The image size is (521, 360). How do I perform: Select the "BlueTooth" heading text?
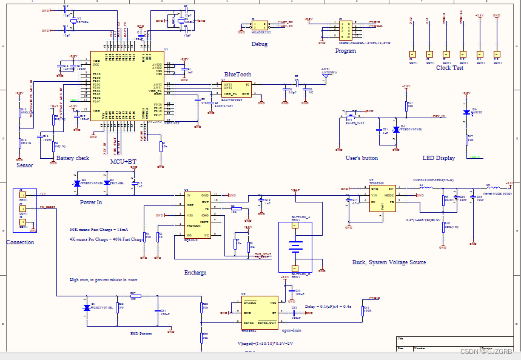[x=237, y=75]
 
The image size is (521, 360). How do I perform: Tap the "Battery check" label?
[x=73, y=158]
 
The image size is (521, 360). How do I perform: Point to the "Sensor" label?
[x=25, y=165]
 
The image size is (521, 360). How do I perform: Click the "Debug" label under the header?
[x=260, y=44]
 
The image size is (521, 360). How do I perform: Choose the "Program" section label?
[x=345, y=51]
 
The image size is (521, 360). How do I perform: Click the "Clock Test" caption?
[x=449, y=68]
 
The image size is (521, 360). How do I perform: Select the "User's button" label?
[x=361, y=158]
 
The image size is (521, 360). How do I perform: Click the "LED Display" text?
[x=439, y=158]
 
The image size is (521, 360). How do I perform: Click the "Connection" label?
[x=20, y=242]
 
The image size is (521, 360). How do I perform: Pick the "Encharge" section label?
[x=195, y=273]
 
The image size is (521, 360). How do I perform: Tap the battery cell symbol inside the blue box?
[x=295, y=246]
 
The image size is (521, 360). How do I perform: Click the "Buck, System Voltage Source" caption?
[x=389, y=262]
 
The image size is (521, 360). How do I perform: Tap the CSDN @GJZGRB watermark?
[x=486, y=352]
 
